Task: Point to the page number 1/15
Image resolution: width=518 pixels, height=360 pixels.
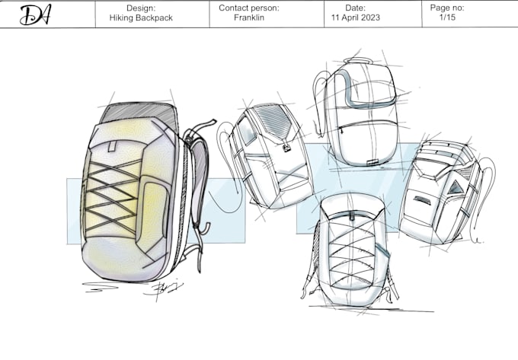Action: pyautogui.click(x=447, y=18)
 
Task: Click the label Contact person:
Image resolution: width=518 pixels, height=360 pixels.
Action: pyautogui.click(x=249, y=8)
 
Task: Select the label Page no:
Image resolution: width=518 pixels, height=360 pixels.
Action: pyautogui.click(x=447, y=8)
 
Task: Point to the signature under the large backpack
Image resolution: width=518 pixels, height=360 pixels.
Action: pyautogui.click(x=162, y=288)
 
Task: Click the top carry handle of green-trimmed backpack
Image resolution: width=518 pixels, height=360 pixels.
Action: pyautogui.click(x=358, y=60)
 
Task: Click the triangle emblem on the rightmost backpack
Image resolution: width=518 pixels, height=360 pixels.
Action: pyautogui.click(x=456, y=187)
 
